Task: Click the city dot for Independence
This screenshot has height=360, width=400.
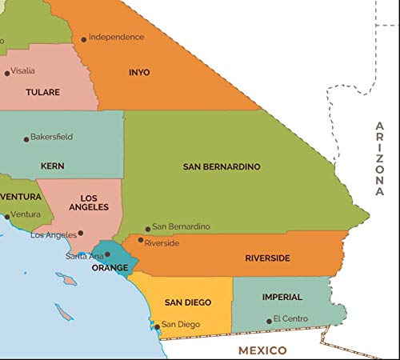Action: tap(83, 38)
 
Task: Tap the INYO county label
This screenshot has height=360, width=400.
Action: tap(139, 72)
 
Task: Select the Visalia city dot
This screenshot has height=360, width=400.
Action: tap(7, 73)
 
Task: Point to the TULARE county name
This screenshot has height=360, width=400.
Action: tap(42, 93)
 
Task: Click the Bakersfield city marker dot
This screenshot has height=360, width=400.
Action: tap(26, 139)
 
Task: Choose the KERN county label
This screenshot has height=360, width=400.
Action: tap(52, 166)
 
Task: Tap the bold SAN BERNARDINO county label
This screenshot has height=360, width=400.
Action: tap(222, 166)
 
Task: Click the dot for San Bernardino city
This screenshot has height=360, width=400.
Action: tap(147, 229)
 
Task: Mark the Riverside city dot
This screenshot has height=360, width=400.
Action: tap(141, 239)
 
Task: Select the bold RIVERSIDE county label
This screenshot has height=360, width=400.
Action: tap(267, 258)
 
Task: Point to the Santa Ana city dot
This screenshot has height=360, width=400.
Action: tap(107, 254)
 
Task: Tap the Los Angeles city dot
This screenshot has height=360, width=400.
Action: tap(81, 234)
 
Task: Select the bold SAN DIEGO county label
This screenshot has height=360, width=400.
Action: tap(188, 302)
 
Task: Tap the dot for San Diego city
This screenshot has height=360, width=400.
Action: tap(156, 326)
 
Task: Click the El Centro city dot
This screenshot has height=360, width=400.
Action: tap(269, 322)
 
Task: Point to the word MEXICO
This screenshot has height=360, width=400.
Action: tap(262, 350)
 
